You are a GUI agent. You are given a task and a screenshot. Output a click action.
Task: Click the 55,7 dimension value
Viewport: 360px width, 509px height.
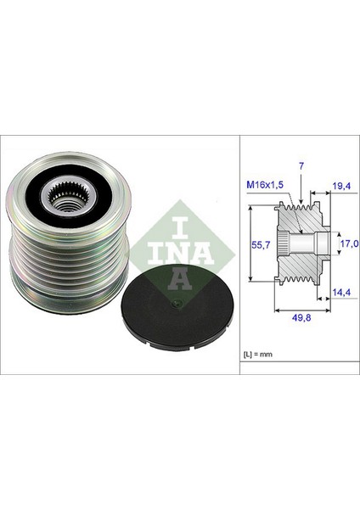pyautogui.click(x=261, y=245)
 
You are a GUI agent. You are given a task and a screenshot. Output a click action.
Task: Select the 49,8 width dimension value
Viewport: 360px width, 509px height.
pyautogui.click(x=301, y=317)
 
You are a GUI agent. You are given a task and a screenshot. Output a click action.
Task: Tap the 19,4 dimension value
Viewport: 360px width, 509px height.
pyautogui.click(x=341, y=186)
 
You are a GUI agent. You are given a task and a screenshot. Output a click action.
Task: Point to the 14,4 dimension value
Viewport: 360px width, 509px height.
pyautogui.click(x=341, y=292)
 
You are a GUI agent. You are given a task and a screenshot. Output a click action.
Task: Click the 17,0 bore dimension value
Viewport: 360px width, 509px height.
pyautogui.click(x=350, y=243)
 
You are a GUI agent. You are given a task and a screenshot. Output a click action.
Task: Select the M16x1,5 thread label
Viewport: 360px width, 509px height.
pyautogui.click(x=265, y=185)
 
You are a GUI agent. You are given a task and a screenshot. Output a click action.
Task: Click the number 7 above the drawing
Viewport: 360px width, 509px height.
pyautogui.click(x=301, y=166)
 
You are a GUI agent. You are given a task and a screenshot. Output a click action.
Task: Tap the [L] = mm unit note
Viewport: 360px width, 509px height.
pyautogui.click(x=258, y=354)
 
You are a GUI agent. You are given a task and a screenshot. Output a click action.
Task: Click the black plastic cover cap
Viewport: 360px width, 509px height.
pyautogui.click(x=177, y=307)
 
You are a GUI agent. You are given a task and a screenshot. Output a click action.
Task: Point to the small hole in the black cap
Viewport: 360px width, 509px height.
pyautogui.click(x=177, y=304)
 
